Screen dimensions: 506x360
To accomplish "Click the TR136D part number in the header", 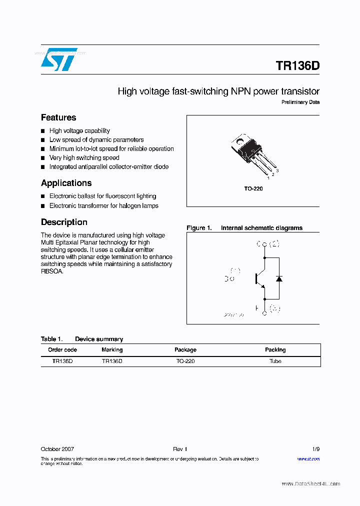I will click(x=297, y=65).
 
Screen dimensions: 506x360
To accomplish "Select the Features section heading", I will click(x=58, y=117).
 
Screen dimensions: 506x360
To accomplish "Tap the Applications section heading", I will click(x=66, y=183).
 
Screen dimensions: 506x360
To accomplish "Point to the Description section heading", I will click(x=64, y=222).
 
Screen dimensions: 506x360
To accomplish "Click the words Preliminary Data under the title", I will click(x=300, y=102).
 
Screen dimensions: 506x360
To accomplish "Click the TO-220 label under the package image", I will click(x=253, y=188).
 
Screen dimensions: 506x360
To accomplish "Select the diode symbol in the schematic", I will click(x=279, y=278).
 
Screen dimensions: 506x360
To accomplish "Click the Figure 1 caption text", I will click(x=244, y=228).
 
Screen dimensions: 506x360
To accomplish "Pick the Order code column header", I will click(x=62, y=350).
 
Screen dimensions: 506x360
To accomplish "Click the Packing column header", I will click(x=275, y=350).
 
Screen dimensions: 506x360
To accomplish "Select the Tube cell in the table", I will click(x=275, y=361).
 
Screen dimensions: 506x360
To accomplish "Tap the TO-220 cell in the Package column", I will click(x=185, y=361).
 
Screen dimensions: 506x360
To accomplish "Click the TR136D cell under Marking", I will click(x=112, y=361).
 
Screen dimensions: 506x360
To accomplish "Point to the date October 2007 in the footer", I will click(x=57, y=449).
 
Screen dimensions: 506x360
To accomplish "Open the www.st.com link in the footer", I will click(x=308, y=458).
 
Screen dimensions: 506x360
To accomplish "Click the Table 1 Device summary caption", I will click(x=81, y=339).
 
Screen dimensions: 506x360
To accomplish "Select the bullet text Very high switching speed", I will click(x=84, y=157).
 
